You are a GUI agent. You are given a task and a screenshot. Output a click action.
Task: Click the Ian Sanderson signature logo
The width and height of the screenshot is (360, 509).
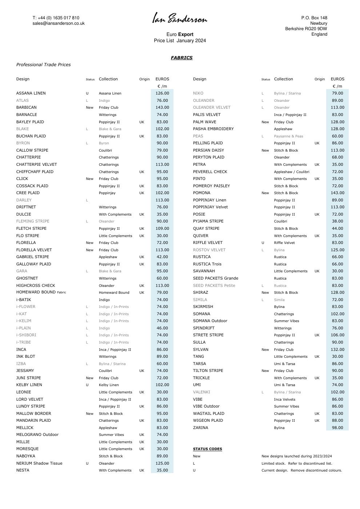[x=180, y=18]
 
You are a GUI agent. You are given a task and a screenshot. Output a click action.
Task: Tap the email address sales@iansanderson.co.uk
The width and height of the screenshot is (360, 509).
[x=59, y=23]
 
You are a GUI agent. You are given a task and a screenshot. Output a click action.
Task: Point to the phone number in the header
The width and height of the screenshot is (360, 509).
[x=56, y=18]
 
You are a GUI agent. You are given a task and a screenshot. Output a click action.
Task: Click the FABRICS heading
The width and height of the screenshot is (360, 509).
[x=181, y=58]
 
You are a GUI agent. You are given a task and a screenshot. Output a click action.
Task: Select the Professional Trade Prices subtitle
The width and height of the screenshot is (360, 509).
[x=43, y=65]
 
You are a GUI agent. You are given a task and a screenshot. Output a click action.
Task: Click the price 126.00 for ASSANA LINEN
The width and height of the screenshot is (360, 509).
[x=162, y=93]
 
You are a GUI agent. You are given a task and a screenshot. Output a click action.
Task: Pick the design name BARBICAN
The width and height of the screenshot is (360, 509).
[x=26, y=108]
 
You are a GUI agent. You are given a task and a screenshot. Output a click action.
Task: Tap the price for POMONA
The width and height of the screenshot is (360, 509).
[x=337, y=193]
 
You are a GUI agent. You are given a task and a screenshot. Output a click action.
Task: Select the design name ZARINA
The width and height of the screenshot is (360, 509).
[x=200, y=428]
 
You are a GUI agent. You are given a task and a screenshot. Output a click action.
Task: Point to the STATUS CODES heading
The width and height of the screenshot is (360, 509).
[x=207, y=449]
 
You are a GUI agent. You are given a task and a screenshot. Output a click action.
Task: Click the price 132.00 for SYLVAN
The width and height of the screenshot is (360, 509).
[x=337, y=350]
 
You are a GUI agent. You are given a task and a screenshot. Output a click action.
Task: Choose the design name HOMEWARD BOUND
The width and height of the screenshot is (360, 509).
[x=36, y=292]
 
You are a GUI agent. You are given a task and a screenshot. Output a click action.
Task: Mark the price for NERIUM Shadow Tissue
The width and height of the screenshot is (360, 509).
[x=162, y=464]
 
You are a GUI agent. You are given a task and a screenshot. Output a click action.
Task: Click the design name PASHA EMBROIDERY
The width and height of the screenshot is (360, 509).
[x=213, y=129]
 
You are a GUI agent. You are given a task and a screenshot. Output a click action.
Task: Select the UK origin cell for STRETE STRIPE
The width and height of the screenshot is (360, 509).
[x=317, y=335]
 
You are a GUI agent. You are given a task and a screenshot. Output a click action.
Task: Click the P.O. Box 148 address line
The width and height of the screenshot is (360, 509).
[x=314, y=18]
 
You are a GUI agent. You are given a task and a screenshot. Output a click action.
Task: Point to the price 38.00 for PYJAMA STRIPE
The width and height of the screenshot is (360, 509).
[x=337, y=221]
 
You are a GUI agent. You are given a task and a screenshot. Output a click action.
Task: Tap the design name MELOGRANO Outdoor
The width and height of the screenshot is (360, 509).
[x=37, y=435]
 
